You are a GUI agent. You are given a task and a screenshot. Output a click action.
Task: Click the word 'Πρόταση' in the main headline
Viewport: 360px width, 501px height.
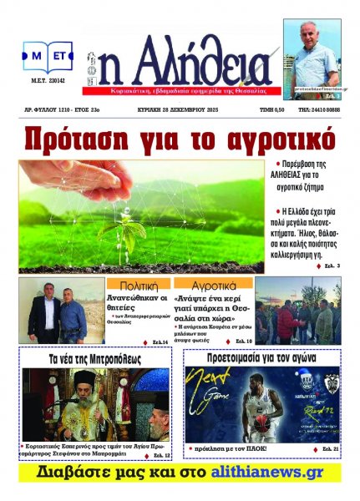point(84,136)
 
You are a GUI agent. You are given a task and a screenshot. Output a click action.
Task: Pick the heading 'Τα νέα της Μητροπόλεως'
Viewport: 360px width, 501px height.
point(96,358)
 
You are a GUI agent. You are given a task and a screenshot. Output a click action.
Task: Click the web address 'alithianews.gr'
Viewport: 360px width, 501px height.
point(271,473)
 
